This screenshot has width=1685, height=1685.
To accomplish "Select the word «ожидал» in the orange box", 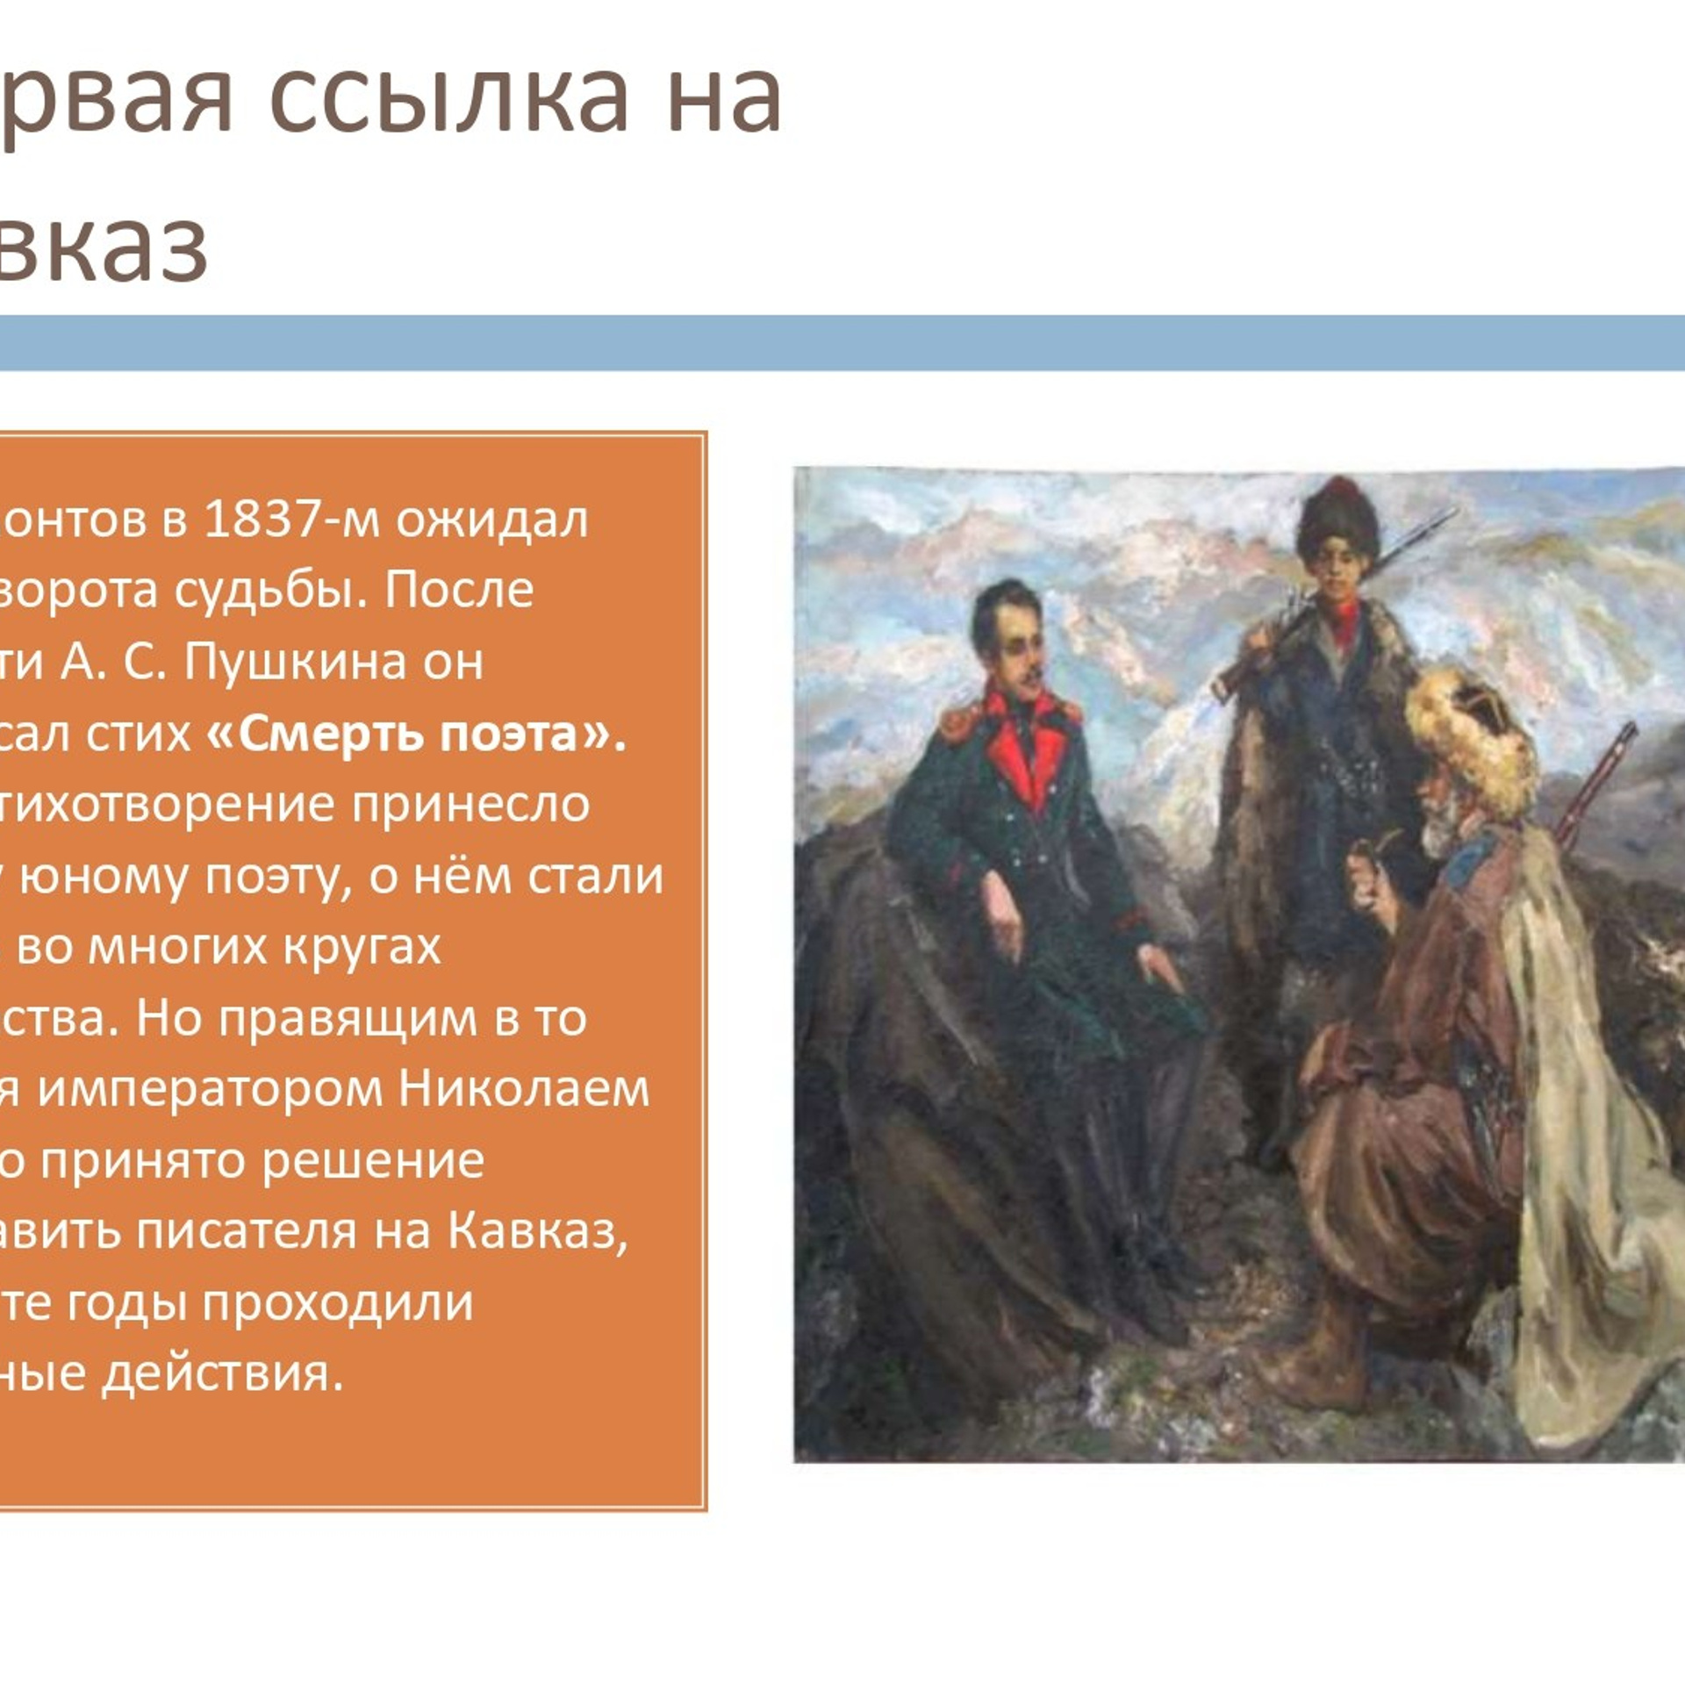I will [491, 521].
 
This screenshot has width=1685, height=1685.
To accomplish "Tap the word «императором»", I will [211, 1090].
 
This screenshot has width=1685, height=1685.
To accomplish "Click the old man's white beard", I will [1439, 829].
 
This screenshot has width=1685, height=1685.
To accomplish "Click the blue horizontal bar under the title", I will [842, 342].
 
